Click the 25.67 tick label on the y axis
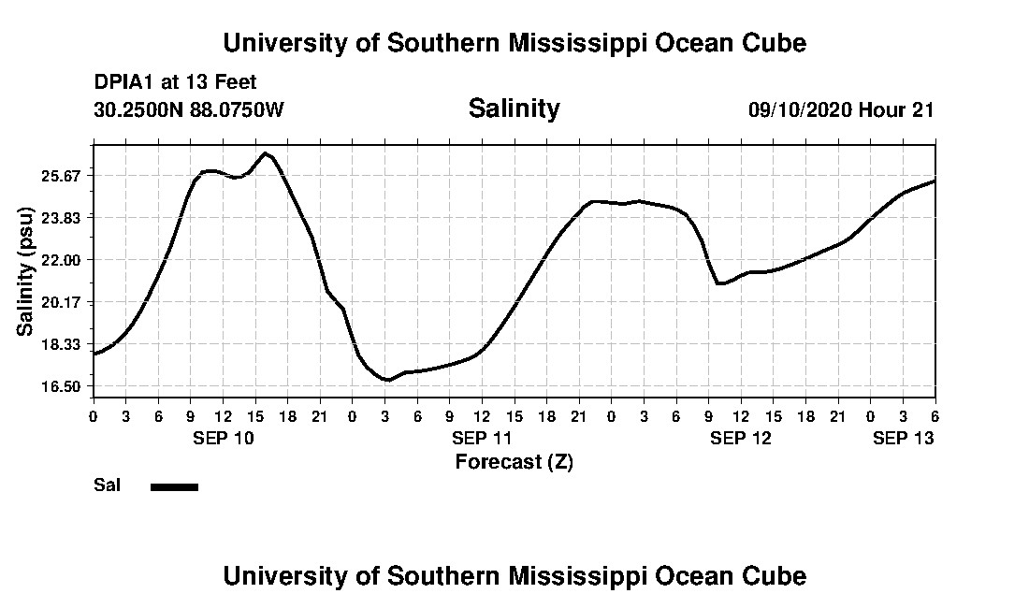pyautogui.click(x=64, y=176)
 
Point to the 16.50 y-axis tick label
pyautogui.click(x=64, y=386)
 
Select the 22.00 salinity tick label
pyautogui.click(x=64, y=260)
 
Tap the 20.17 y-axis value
pyautogui.click(x=64, y=302)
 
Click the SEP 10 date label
pyautogui.click(x=223, y=438)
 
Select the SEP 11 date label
pyautogui.click(x=482, y=438)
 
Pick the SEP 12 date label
pyautogui.click(x=741, y=438)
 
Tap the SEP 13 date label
pyautogui.click(x=903, y=438)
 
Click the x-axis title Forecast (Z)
pyautogui.click(x=514, y=462)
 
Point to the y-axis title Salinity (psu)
pyautogui.click(x=26, y=273)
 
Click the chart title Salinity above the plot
pyautogui.click(x=514, y=109)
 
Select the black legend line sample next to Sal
pyautogui.click(x=174, y=486)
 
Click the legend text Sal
pyautogui.click(x=107, y=485)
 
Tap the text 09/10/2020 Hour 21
pyautogui.click(x=841, y=110)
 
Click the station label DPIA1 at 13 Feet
pyautogui.click(x=175, y=83)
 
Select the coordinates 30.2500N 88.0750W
pyautogui.click(x=188, y=110)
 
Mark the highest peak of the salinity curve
pyautogui.click(x=266, y=153)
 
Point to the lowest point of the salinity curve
pyautogui.click(x=386, y=380)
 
